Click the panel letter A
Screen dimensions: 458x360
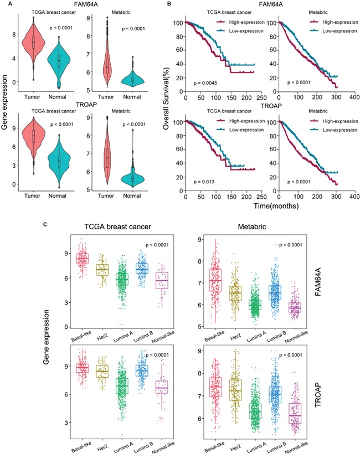[x=5, y=3]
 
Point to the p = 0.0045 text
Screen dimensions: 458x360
[x=207, y=84]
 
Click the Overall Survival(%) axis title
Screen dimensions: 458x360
[x=166, y=99]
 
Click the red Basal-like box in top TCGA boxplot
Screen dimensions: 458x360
[x=82, y=259]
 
